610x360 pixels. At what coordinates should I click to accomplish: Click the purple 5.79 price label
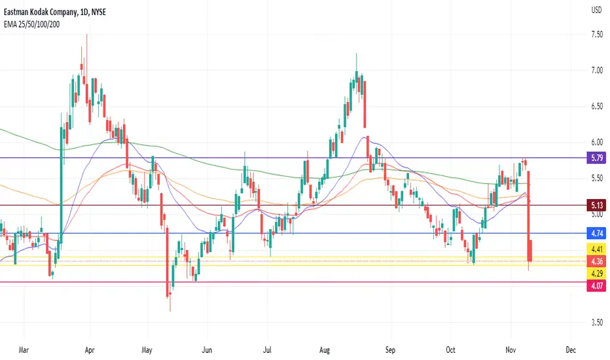point(596,158)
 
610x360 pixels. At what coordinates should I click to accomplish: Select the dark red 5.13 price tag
point(596,205)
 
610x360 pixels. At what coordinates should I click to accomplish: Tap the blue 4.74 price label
point(596,234)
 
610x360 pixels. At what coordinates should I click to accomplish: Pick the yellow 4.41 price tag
point(596,249)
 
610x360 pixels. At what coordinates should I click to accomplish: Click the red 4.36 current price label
point(596,261)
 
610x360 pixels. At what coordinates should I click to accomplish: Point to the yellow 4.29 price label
point(596,274)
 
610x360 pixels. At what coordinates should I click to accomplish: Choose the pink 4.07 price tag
point(596,286)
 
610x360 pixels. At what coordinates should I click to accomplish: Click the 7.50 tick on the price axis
point(597,34)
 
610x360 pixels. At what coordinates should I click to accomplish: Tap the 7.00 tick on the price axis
point(597,71)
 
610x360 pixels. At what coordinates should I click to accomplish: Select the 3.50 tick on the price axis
point(597,322)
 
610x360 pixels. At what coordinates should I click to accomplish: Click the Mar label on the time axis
point(24,350)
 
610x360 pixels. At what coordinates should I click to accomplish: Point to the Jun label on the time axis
point(207,350)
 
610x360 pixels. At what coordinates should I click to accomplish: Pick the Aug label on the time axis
point(325,350)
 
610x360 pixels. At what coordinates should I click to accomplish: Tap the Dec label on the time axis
point(571,350)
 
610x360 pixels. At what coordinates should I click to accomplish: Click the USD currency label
point(596,10)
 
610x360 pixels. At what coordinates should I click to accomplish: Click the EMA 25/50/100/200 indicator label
point(32,24)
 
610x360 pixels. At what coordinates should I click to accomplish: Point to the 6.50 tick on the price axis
point(597,106)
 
